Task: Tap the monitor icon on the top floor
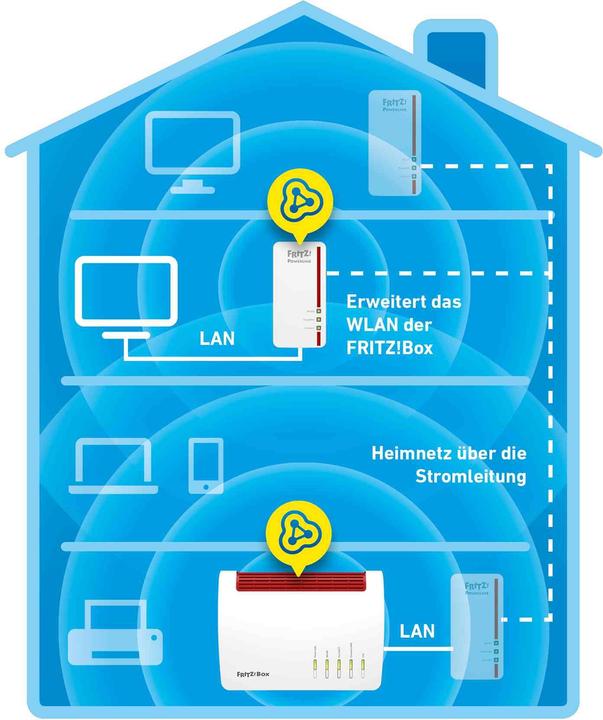[192, 151]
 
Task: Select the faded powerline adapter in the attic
[393, 142]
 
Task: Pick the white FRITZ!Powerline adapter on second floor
[297, 295]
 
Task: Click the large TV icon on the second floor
[127, 295]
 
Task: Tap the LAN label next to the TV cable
[217, 338]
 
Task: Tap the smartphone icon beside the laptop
[206, 465]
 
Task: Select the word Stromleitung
[471, 477]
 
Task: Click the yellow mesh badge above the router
[298, 539]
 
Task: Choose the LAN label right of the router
[416, 631]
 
